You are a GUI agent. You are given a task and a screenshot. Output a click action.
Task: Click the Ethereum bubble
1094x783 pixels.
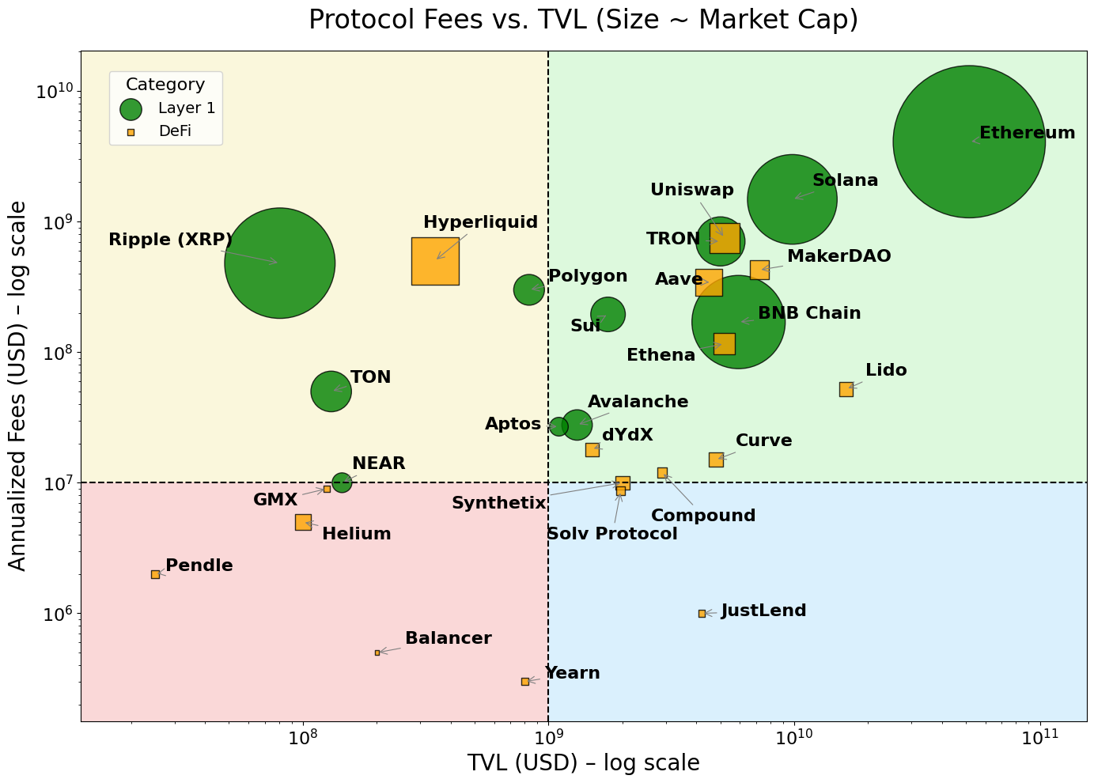(x=969, y=142)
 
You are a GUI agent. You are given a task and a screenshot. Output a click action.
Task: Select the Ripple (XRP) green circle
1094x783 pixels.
(x=280, y=263)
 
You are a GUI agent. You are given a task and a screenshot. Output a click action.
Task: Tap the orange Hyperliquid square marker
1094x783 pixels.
(x=435, y=261)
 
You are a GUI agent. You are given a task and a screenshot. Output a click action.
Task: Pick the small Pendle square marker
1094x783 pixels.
(x=155, y=574)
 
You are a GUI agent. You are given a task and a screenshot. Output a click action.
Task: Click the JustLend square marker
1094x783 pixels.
(x=702, y=613)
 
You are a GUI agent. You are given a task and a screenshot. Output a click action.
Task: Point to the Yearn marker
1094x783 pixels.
(x=525, y=681)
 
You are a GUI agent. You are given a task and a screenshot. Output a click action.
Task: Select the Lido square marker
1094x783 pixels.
(x=846, y=389)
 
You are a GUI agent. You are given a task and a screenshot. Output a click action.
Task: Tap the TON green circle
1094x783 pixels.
(x=331, y=391)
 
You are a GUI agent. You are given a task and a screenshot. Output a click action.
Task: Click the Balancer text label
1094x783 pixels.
(x=448, y=638)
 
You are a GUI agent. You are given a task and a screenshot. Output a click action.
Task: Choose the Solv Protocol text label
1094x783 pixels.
(x=611, y=534)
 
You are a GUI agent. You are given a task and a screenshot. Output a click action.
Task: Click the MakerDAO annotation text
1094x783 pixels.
(x=838, y=256)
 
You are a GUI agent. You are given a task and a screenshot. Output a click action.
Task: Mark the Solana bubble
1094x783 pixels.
(x=792, y=199)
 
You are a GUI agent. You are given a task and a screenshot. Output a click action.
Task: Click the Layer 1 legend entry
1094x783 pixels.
(x=186, y=109)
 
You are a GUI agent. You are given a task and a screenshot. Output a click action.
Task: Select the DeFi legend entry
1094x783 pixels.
(x=175, y=131)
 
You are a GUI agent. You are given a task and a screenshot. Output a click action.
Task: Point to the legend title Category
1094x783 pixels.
(x=165, y=85)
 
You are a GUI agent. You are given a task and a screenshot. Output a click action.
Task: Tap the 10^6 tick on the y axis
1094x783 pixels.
(x=55, y=614)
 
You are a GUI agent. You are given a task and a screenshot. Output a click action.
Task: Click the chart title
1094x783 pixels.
(x=583, y=19)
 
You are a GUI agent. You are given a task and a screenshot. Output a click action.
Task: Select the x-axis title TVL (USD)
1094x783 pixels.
(x=583, y=763)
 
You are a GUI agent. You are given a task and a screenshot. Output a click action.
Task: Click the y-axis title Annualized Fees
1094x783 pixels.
(x=17, y=385)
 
